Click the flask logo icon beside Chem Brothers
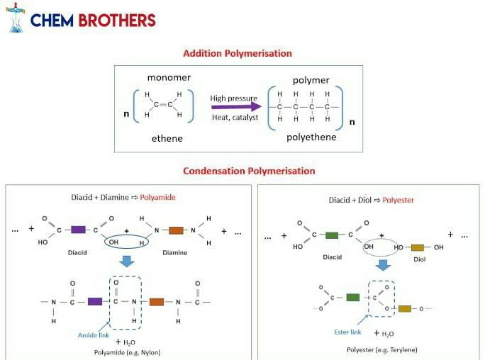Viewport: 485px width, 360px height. (16, 18)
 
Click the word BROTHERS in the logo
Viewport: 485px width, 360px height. (117, 21)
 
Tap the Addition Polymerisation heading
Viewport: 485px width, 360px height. (238, 53)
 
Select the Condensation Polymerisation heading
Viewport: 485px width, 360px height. (249, 171)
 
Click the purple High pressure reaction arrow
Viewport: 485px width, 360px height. (236, 107)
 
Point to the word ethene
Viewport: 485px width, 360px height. (167, 138)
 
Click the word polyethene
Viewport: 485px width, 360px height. (311, 137)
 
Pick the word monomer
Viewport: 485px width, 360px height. (169, 77)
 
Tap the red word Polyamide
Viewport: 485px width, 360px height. (157, 197)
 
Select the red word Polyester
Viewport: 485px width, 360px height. (398, 200)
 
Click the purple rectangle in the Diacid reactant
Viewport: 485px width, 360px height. (78, 230)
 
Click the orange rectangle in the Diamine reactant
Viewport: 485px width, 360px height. (176, 230)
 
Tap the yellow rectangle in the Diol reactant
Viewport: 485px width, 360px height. (418, 247)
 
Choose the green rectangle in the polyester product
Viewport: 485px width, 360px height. (353, 297)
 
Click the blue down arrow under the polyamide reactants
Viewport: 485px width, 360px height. (127, 261)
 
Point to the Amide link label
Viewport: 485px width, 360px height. (94, 335)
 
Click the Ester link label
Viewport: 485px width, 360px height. (347, 332)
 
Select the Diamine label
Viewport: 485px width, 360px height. (174, 253)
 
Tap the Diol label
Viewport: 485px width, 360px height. (420, 259)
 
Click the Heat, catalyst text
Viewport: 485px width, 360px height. (235, 118)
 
